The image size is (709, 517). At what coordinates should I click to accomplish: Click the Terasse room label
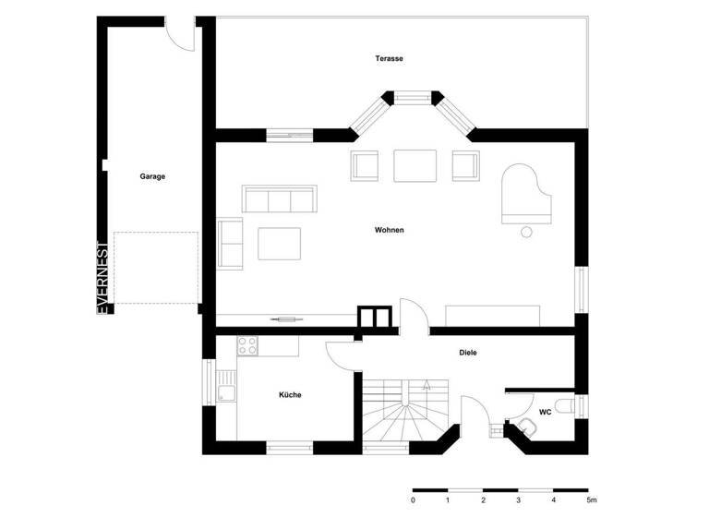(x=389, y=58)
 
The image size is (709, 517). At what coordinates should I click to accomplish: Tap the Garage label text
(x=152, y=176)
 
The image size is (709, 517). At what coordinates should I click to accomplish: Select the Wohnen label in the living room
(x=389, y=229)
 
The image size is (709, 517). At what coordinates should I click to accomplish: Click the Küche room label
(x=290, y=395)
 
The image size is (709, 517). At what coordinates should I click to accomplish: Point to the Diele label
(x=469, y=353)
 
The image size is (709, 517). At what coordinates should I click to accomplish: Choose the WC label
(x=545, y=412)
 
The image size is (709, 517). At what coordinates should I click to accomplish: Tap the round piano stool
(x=528, y=231)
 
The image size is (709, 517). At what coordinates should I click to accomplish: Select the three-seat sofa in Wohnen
(x=278, y=198)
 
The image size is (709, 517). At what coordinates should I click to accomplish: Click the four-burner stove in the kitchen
(x=247, y=346)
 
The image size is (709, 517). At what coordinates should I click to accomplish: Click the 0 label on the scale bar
(x=413, y=500)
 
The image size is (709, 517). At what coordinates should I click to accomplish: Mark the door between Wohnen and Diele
(x=413, y=317)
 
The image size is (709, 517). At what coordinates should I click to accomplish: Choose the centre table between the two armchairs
(x=414, y=165)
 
